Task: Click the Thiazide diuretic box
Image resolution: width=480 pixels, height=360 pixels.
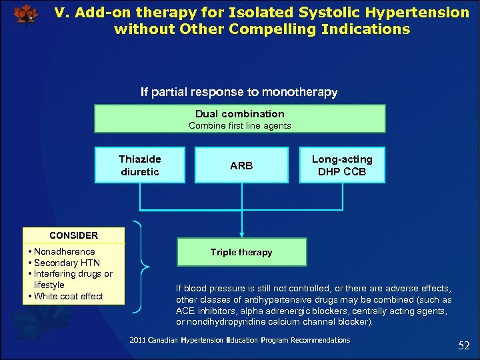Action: pos(139,165)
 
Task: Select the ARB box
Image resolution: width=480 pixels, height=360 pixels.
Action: pos(241,165)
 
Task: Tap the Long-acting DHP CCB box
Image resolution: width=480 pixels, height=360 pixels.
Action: pos(342,165)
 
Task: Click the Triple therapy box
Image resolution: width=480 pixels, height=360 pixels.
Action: pos(241,253)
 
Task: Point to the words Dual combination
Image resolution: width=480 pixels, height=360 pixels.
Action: pos(239,114)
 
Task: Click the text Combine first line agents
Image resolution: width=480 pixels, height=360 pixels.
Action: pos(239,125)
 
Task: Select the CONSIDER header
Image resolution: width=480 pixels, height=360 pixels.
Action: pos(73,235)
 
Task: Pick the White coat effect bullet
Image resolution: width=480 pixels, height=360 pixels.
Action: pos(69,297)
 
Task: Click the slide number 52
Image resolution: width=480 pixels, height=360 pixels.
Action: pos(464,345)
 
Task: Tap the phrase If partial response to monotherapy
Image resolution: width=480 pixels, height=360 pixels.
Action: pos(239,92)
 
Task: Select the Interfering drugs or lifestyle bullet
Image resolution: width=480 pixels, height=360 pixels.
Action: pos(73,279)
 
